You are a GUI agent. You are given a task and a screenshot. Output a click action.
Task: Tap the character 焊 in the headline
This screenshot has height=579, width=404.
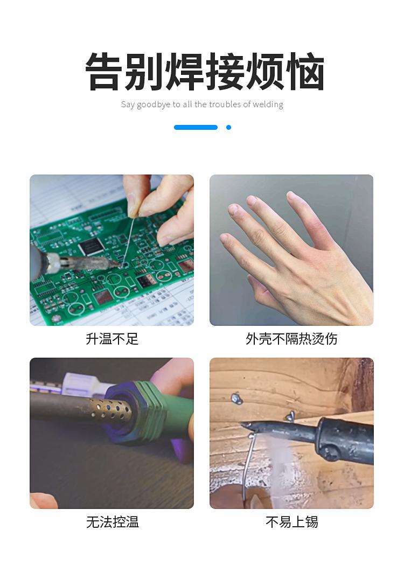coord(185,71)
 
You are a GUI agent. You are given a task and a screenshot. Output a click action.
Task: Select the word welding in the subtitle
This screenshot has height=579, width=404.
coord(268,104)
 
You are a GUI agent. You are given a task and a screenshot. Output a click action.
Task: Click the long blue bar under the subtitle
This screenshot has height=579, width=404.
coord(196,128)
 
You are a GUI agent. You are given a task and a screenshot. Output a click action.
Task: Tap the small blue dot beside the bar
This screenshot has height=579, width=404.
coord(228,128)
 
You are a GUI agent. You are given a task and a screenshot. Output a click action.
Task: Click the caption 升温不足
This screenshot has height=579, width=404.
coord(112,339)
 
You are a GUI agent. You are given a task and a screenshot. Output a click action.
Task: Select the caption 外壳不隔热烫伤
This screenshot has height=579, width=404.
coord(291,339)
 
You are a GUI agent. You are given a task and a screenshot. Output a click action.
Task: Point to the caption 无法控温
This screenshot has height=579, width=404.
coord(112,522)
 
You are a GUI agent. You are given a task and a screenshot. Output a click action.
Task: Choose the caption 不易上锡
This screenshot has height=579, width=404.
coord(291,522)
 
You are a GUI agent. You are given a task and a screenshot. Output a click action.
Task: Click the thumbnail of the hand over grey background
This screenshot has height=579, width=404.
coord(291,250)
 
